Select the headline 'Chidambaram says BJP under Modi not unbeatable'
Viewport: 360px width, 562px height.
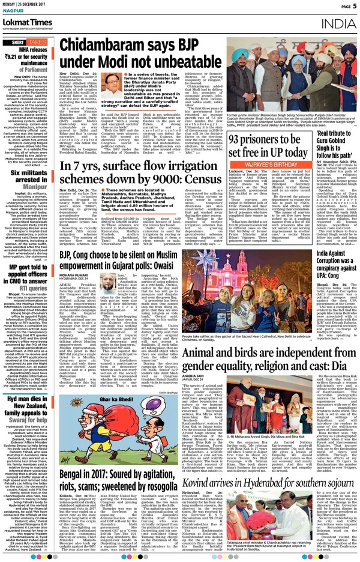[145, 56]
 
